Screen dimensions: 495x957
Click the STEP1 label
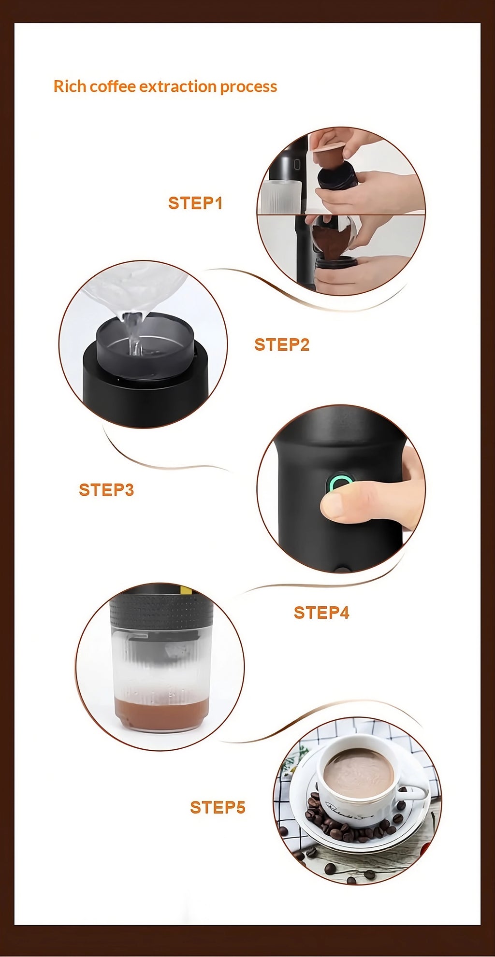point(195,203)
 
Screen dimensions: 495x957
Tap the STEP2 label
point(282,344)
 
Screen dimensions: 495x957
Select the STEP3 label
point(106,489)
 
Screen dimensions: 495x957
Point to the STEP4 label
point(321,613)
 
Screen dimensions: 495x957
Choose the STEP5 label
point(218,807)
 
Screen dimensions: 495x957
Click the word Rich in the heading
point(70,86)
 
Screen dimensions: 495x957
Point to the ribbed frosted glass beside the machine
point(280,197)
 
